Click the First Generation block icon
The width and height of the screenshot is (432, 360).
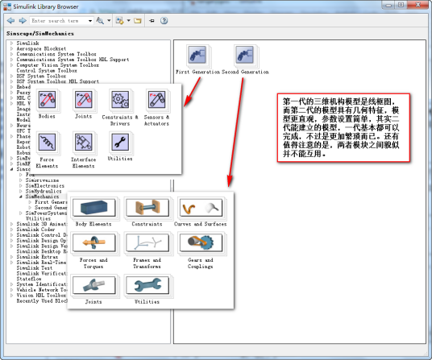coord(196,57)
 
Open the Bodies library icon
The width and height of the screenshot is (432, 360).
coord(47,101)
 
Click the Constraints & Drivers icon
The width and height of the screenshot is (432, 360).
coord(120,101)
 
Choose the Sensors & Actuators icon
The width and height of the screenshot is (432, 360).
coord(157,101)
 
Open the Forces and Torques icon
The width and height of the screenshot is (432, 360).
coord(93,244)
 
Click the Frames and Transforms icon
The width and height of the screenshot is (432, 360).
coord(146,244)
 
